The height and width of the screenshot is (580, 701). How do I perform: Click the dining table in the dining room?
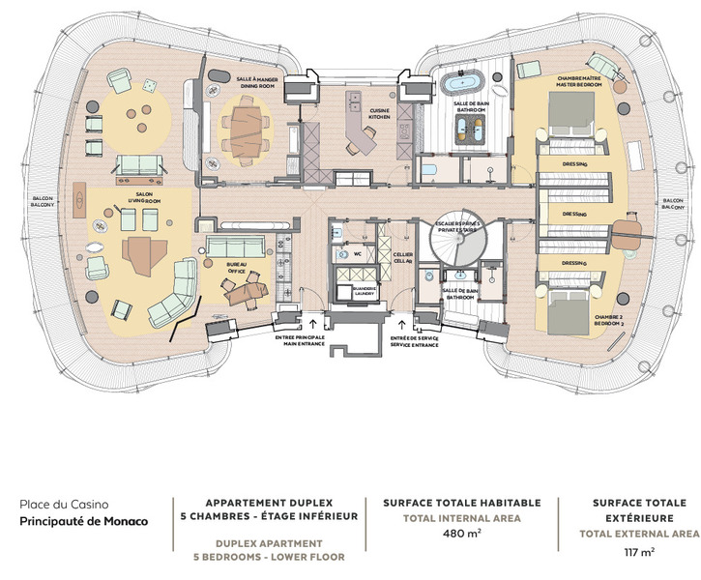click(x=255, y=124)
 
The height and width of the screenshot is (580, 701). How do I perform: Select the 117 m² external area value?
click(x=639, y=552)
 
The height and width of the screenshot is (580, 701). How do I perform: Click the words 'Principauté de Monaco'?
click(x=85, y=522)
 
